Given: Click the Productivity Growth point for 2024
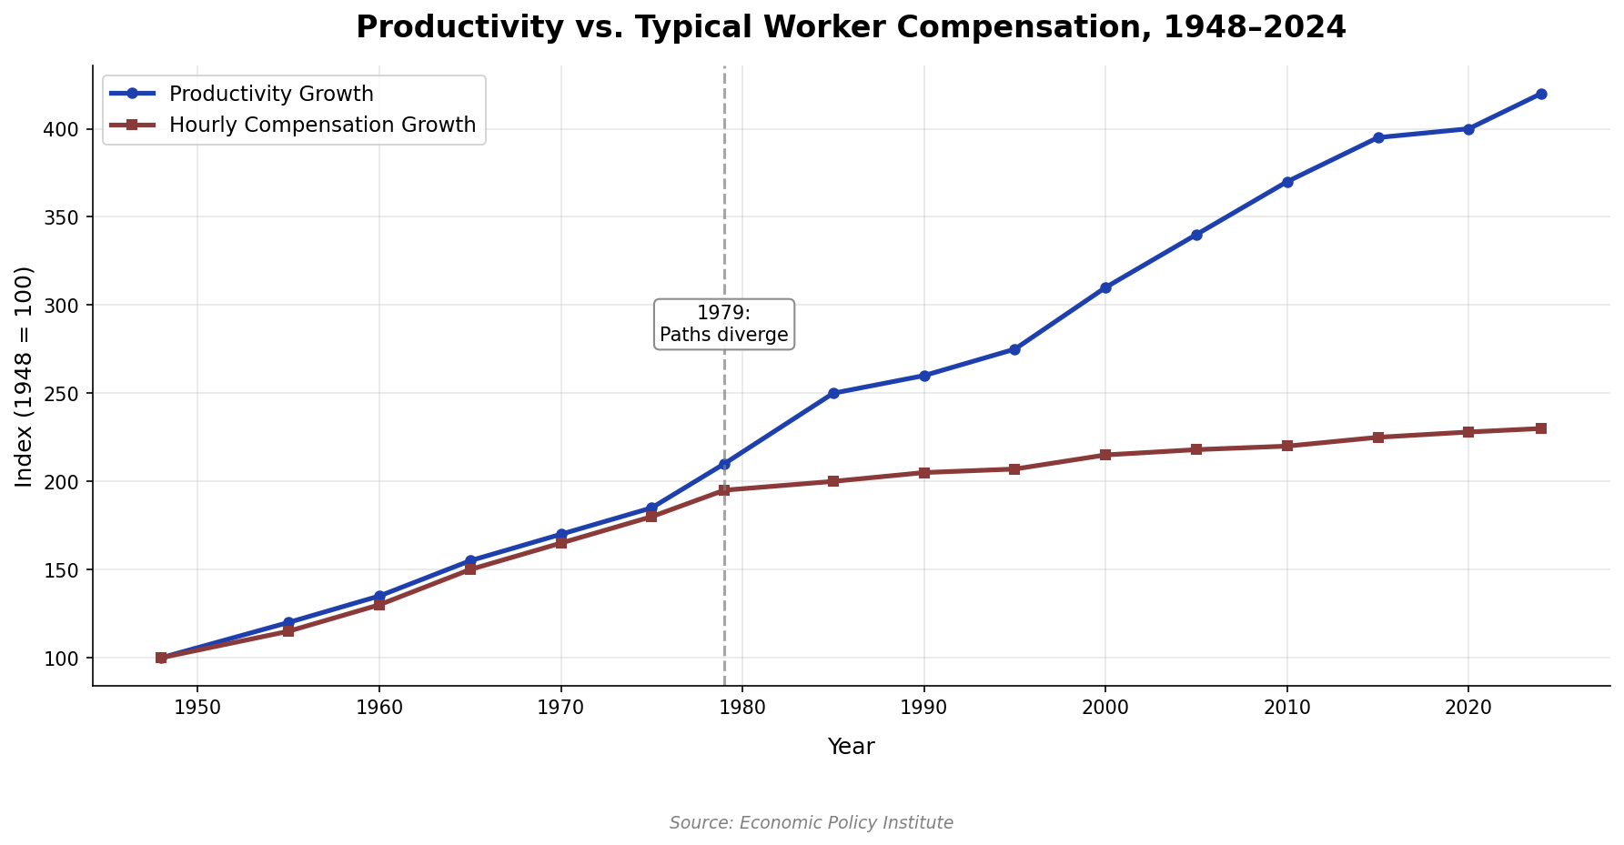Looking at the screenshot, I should (x=1541, y=94).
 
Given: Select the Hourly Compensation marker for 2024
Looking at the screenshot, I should (x=1541, y=428).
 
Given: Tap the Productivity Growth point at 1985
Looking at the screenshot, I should (x=833, y=393).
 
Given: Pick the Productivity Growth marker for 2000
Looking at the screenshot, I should (x=1105, y=287).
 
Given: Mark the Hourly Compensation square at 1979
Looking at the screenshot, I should (x=724, y=490).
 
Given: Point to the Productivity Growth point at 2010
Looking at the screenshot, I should (x=1287, y=182).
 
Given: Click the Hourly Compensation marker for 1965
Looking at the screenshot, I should (x=470, y=569).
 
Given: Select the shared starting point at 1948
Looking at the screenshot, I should (x=161, y=658).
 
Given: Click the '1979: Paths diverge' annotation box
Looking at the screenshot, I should (x=724, y=324).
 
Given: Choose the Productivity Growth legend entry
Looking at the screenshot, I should (x=271, y=94).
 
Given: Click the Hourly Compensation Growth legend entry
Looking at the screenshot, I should (x=322, y=125).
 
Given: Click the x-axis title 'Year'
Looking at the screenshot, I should (x=851, y=747).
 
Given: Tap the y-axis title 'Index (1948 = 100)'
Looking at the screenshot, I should (x=25, y=376).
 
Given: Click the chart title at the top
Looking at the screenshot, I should (x=851, y=27).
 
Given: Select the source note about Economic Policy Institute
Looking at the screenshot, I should (x=812, y=823).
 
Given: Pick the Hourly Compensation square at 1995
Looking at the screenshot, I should (x=1014, y=469).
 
